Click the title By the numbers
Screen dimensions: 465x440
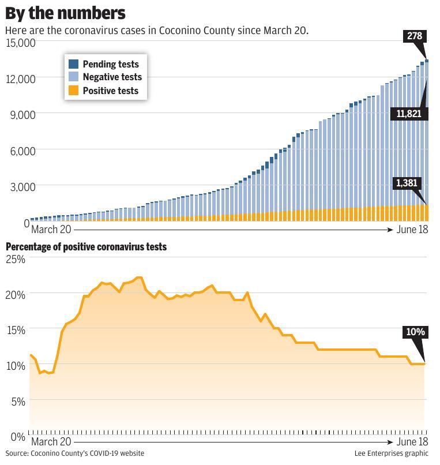click(66, 13)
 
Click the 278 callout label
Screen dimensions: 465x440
click(414, 36)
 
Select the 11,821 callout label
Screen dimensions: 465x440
click(409, 114)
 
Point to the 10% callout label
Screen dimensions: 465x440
click(415, 332)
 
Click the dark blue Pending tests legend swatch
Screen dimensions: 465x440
click(74, 64)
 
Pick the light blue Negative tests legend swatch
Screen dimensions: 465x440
click(74, 77)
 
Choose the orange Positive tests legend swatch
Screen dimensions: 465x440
click(74, 90)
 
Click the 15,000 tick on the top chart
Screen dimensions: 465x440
click(21, 43)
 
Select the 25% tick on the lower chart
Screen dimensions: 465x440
click(16, 259)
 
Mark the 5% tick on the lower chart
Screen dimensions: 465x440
click(18, 401)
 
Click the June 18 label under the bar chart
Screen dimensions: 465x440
click(412, 229)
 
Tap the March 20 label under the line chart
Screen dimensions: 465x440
click(51, 442)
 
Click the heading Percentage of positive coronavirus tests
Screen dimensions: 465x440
click(86, 247)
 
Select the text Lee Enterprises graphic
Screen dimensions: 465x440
click(392, 453)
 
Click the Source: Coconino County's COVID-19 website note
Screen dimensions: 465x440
click(75, 453)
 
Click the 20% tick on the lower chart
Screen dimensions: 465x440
click(16, 294)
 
